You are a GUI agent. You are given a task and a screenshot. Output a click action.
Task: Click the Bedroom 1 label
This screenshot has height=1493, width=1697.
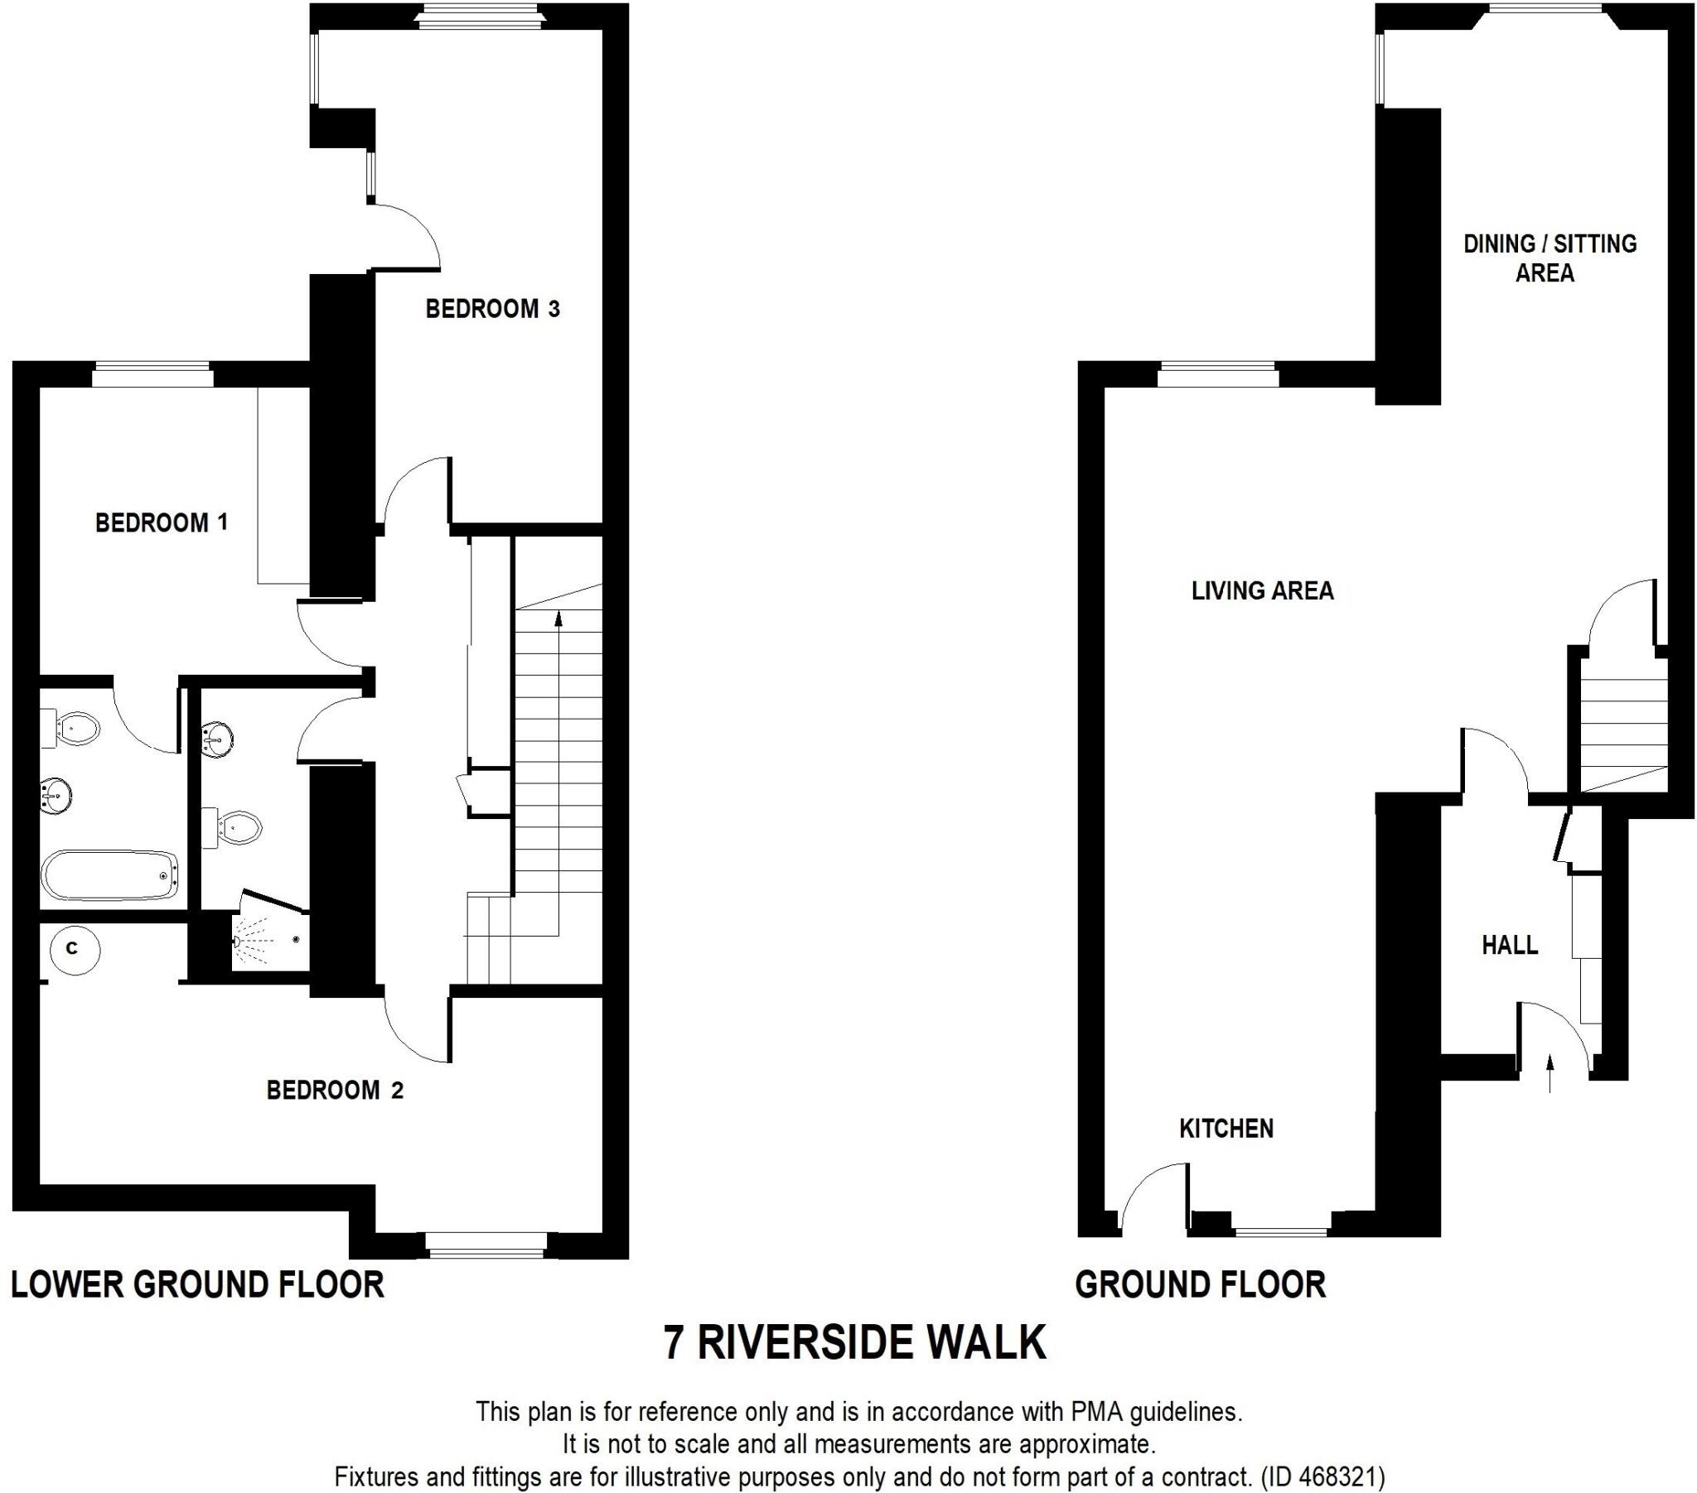[161, 523]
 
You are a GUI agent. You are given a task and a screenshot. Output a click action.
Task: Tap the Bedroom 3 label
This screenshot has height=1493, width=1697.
[492, 309]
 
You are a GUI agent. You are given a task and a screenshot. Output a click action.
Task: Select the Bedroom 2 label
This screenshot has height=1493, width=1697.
[335, 1090]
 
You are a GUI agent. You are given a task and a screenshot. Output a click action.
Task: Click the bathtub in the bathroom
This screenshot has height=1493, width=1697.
[109, 874]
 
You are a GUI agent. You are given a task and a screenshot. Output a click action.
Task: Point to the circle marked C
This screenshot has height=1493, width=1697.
[73, 948]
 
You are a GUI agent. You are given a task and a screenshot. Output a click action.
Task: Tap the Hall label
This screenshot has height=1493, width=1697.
[1510, 945]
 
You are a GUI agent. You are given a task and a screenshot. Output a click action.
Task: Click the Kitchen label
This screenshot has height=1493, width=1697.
[1226, 1129]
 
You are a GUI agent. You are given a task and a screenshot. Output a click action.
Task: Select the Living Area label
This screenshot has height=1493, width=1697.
[1262, 591]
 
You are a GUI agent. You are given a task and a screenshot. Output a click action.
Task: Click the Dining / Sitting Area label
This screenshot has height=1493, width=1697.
[1550, 258]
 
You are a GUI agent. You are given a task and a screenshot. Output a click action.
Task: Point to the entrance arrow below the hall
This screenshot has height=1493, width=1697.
[1550, 1073]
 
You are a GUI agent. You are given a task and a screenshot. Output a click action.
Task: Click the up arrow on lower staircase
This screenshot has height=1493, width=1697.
[558, 619]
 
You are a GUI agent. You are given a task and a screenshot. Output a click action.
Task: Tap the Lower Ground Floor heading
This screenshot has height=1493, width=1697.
[197, 1284]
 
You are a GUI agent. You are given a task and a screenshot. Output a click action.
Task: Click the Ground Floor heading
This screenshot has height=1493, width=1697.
[1201, 1284]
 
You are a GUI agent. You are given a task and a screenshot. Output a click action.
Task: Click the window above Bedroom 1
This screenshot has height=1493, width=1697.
[152, 376]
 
